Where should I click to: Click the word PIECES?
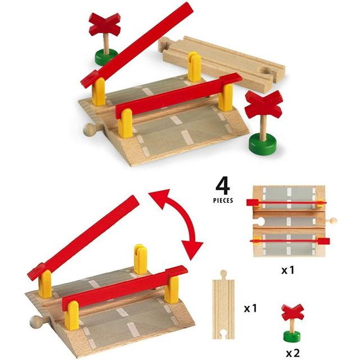pyautogui.click(x=224, y=200)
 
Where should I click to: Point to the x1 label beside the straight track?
pyautogui.click(x=251, y=309)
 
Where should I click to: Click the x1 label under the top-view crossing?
pyautogui.click(x=288, y=270)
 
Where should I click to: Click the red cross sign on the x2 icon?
pyautogui.click(x=292, y=312)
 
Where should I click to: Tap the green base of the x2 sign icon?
pyautogui.click(x=292, y=337)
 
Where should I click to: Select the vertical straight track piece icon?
pyautogui.click(x=223, y=310)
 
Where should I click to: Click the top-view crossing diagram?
pyautogui.click(x=287, y=221)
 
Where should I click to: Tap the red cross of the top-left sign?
pyautogui.click(x=105, y=24)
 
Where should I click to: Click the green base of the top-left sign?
pyautogui.click(x=106, y=57)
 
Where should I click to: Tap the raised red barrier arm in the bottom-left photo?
pyautogui.click(x=84, y=236)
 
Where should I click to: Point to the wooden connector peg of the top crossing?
pyautogui.click(x=90, y=130)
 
